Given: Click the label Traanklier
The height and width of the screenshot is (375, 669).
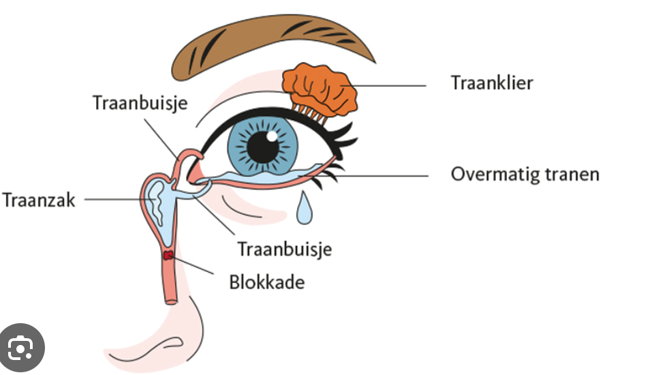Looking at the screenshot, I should [x=491, y=83].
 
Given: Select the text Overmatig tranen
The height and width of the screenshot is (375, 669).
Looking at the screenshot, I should [x=525, y=174].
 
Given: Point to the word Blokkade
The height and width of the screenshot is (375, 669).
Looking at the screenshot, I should [x=266, y=281].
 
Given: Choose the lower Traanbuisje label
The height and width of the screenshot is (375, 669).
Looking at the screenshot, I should [x=284, y=249].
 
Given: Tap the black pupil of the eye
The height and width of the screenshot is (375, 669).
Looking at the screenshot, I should [x=262, y=146].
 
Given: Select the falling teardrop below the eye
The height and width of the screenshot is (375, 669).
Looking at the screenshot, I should [x=305, y=209].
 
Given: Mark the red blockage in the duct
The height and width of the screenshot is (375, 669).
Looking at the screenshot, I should [x=168, y=256].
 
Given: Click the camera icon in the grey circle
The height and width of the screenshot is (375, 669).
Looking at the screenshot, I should [x=21, y=349].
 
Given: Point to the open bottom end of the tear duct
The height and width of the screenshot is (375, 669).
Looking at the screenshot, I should [x=170, y=301].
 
